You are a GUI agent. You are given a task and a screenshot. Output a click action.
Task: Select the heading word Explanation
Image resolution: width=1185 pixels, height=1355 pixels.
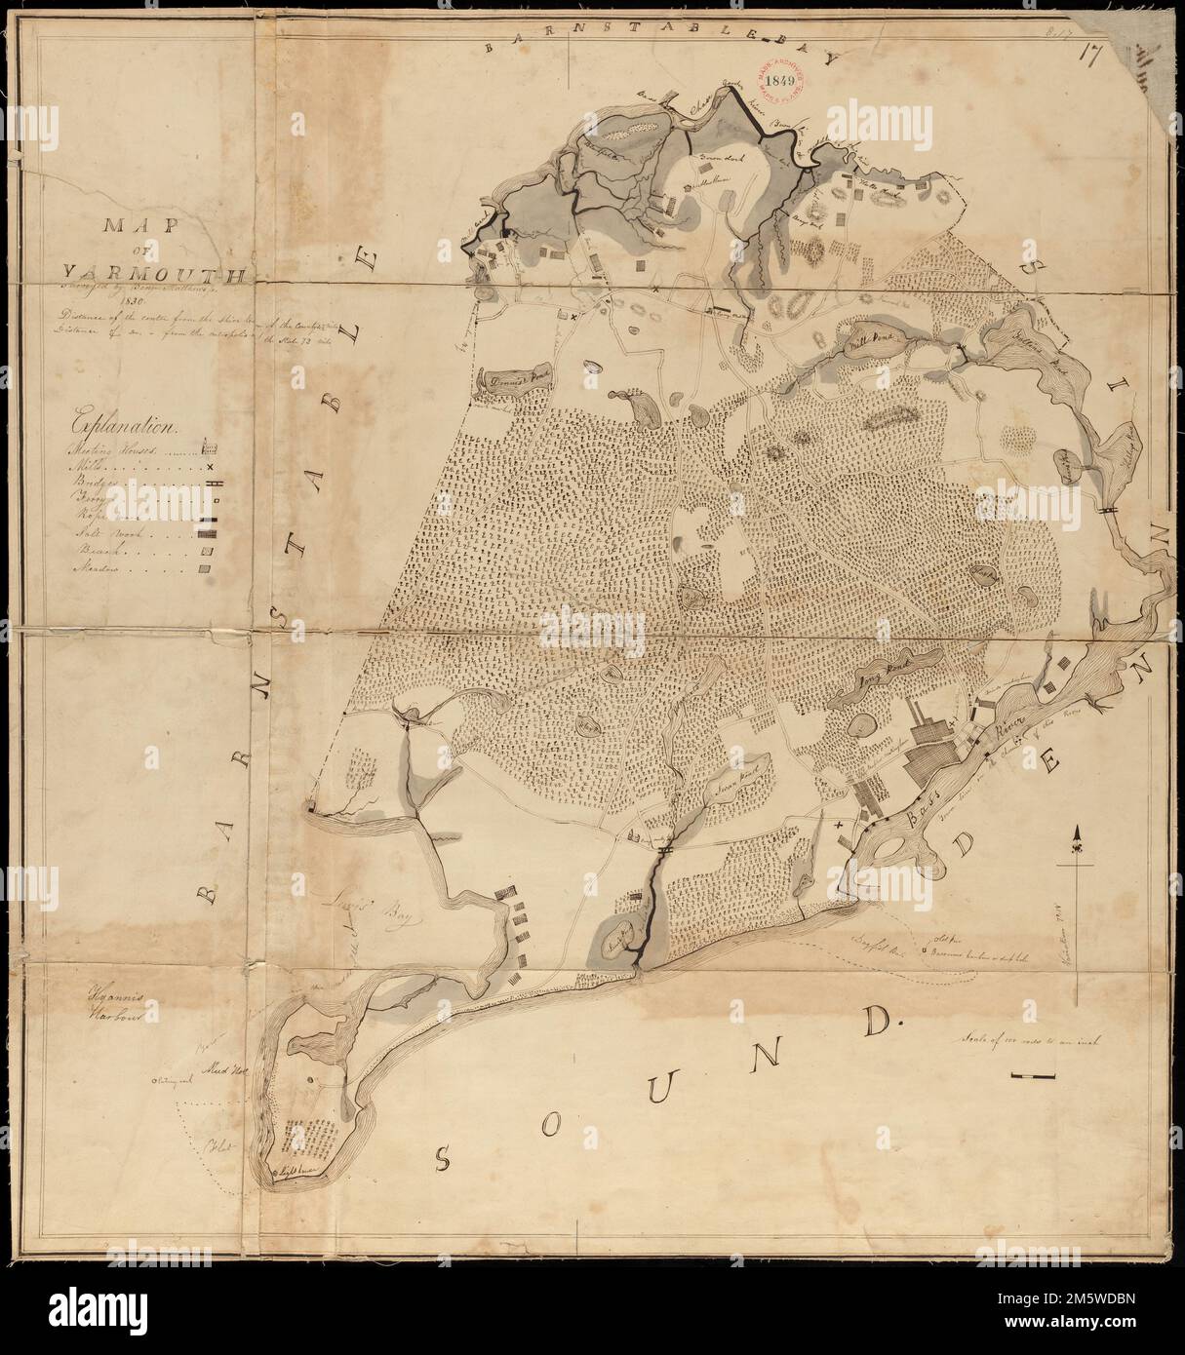pos(123,425)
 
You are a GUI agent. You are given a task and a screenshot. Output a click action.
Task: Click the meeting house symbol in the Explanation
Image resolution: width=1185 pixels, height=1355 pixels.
pos(206,448)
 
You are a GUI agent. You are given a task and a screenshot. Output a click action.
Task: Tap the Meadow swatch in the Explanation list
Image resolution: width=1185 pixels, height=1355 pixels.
pos(203,570)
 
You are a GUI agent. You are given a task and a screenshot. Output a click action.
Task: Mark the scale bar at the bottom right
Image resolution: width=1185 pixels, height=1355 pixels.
pos(1035,1075)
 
